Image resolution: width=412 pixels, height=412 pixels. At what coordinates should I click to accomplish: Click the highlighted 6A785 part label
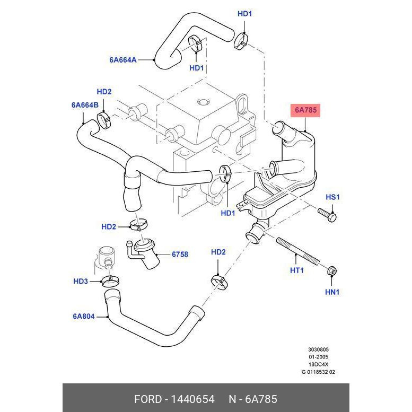[305, 110]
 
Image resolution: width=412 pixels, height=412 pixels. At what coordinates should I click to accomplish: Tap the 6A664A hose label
[123, 60]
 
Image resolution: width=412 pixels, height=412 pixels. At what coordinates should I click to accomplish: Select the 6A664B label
[85, 105]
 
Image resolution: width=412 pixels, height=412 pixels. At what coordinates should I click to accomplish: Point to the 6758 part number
[180, 255]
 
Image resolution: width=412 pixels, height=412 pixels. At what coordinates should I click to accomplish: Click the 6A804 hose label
[84, 317]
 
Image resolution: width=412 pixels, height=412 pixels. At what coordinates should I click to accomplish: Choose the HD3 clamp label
[81, 281]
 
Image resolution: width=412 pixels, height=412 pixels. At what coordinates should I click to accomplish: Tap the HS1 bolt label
[332, 197]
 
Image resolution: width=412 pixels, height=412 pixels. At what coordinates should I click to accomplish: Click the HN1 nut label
[332, 292]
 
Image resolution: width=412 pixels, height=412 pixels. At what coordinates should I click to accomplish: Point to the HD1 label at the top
[244, 14]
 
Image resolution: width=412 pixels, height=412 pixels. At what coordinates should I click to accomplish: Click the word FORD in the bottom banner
[147, 399]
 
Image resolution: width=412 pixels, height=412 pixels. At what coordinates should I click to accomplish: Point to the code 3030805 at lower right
[318, 350]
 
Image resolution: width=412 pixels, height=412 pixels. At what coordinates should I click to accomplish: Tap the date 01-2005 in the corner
[318, 357]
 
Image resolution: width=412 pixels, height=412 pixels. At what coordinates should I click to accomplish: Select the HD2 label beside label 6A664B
[104, 92]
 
